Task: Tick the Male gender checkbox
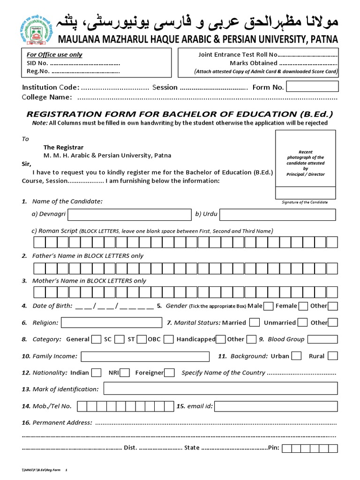coord(269,306)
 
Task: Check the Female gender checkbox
coord(303,306)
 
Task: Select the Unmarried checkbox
coord(303,322)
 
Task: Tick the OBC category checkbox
coord(169,339)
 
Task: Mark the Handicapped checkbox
coord(221,339)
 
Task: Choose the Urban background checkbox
coord(296,356)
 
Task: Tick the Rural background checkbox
coord(333,356)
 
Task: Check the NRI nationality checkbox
coord(125,373)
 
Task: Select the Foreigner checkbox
coord(170,373)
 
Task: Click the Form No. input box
coord(312,87)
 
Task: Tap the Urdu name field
coord(277,215)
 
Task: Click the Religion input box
coord(111,322)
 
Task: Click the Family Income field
coord(144,356)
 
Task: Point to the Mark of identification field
coord(220,389)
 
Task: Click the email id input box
coord(276,406)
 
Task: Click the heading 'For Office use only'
coord(54,55)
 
